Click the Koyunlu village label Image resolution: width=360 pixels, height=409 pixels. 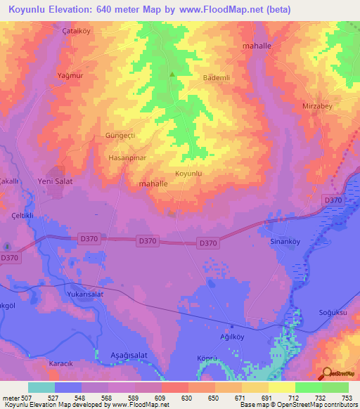pos(188,173)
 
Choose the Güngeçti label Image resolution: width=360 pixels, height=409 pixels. pos(124,134)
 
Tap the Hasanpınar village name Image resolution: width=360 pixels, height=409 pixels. pos(127,159)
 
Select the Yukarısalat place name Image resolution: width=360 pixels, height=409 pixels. pos(85,294)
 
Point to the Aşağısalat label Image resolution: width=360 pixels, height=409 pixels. pos(129,355)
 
